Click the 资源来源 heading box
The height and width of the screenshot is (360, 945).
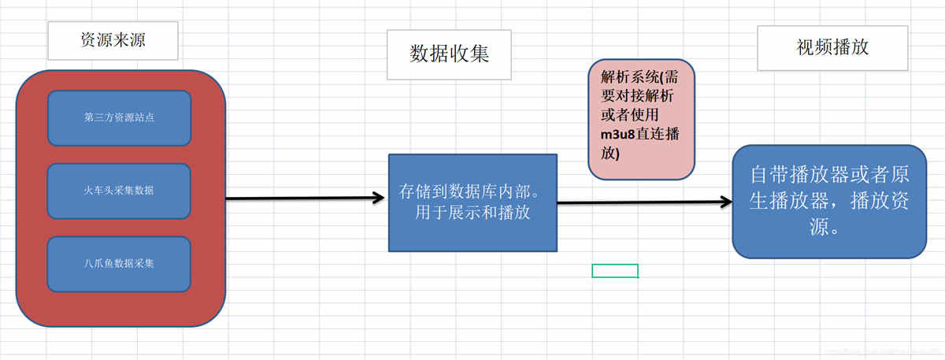tap(113, 41)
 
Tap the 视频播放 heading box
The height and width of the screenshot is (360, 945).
tap(832, 47)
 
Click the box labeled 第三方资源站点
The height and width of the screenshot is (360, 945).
tap(119, 118)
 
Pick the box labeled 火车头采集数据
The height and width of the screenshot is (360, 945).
tap(119, 191)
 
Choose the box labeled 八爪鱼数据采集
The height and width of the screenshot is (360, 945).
tap(119, 263)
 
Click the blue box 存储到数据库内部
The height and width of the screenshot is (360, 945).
tap(472, 202)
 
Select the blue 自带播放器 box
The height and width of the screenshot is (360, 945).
tap(828, 201)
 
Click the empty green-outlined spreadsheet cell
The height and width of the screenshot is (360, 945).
tap(615, 271)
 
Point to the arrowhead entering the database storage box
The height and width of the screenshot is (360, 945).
tap(378, 198)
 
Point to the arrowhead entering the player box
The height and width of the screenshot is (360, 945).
tap(725, 202)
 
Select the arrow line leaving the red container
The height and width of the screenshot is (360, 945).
tap(299, 198)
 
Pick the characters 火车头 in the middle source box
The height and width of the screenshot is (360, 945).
tap(97, 191)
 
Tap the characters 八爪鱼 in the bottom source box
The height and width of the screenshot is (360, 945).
tap(96, 263)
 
